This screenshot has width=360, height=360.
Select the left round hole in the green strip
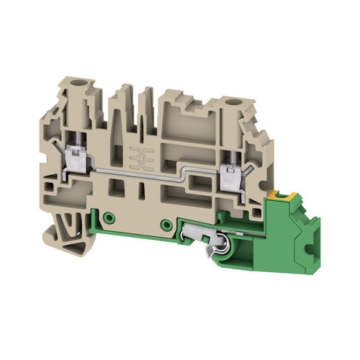point(109,217)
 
